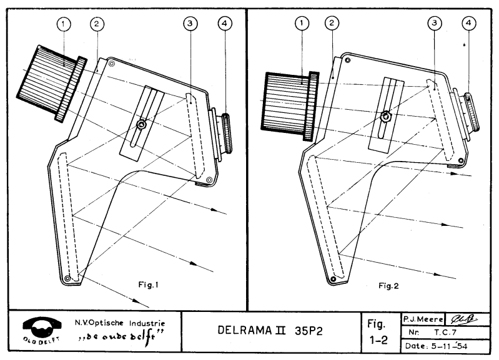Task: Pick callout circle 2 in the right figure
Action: pos(332,24)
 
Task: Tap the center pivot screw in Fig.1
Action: pos(143,125)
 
